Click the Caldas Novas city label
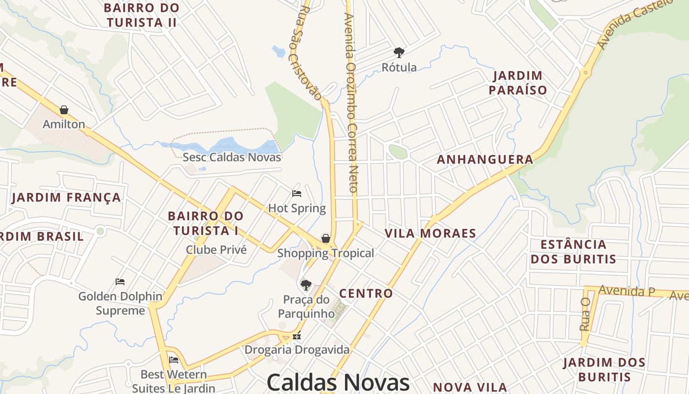point(338,382)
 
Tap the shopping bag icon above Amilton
point(64,110)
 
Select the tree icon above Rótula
point(399,52)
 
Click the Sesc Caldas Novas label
point(232,157)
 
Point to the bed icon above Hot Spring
point(297,194)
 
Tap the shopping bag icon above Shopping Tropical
point(326,239)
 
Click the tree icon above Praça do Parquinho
point(306,285)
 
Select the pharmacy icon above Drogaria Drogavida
point(297,336)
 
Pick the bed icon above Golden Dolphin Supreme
point(120,282)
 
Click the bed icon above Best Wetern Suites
point(174,360)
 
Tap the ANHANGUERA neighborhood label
point(485,160)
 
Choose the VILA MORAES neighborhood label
point(430,233)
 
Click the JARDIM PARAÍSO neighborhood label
point(520,83)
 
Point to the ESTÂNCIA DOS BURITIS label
point(573,252)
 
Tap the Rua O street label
point(585,314)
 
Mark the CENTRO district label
point(366,294)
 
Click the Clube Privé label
point(216,250)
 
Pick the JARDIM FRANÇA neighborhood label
point(66,197)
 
